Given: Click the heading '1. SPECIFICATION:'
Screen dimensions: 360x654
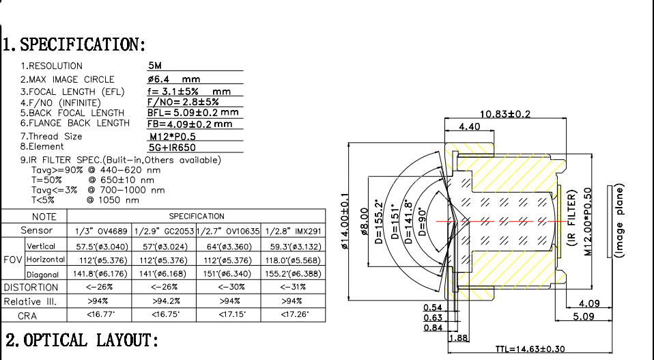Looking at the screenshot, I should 74,45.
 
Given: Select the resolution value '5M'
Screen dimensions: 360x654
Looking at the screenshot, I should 155,66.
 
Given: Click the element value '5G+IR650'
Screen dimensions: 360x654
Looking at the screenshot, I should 172,147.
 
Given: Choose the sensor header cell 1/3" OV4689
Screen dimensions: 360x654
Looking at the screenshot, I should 101,231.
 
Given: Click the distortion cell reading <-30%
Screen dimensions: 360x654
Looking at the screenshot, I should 227,287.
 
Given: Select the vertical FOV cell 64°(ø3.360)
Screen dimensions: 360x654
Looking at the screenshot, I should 227,245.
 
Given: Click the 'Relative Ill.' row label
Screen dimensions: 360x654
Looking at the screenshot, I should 30,301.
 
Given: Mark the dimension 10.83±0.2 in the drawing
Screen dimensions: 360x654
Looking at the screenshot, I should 505,113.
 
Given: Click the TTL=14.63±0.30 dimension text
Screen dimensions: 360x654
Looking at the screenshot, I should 530,349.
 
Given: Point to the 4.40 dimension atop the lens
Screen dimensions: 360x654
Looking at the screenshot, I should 470,127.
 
